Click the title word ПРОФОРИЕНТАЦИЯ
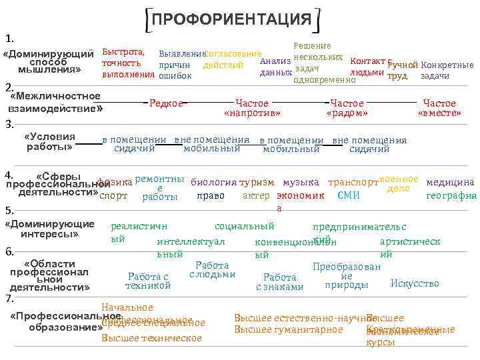pyautogui.click(x=232, y=19)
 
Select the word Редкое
pyautogui.click(x=166, y=103)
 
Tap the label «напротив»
pyautogui.click(x=252, y=113)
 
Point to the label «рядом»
pyautogui.click(x=347, y=113)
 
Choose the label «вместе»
pyautogui.click(x=439, y=113)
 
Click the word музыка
pyautogui.click(x=301, y=182)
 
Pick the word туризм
pyautogui.click(x=257, y=182)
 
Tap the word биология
pyautogui.click(x=213, y=182)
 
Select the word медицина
pyautogui.click(x=450, y=182)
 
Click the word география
pyautogui.click(x=451, y=196)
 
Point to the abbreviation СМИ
pyautogui.click(x=349, y=196)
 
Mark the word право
pyautogui.click(x=211, y=196)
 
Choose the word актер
pyautogui.click(x=256, y=196)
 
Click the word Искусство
pyautogui.click(x=415, y=283)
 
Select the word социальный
pyautogui.click(x=245, y=227)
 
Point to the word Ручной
pyautogui.click(x=402, y=65)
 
